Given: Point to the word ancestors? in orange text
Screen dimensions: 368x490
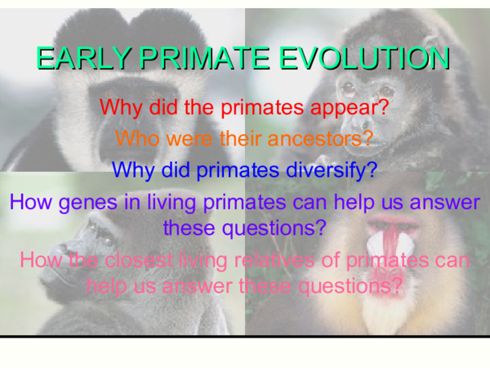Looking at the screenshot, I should (318, 138).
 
